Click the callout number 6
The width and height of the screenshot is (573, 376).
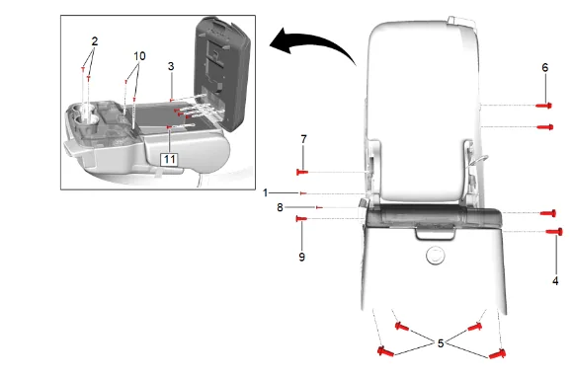[x=545, y=67]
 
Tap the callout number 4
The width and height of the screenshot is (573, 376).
[x=555, y=281]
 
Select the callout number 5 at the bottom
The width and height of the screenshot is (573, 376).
[x=441, y=343]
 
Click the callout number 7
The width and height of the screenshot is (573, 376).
[x=303, y=139]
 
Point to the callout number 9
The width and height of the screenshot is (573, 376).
[x=301, y=257]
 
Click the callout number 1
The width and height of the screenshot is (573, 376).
[x=266, y=192]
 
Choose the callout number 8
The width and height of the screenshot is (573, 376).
[x=280, y=207]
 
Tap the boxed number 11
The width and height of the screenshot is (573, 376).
[x=170, y=159]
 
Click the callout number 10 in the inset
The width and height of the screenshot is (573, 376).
[x=139, y=56]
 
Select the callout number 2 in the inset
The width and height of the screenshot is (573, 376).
[x=95, y=41]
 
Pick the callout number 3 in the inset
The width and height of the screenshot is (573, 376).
[x=171, y=66]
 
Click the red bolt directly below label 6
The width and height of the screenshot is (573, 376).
[x=544, y=106]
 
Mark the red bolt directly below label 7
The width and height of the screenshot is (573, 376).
[x=302, y=172]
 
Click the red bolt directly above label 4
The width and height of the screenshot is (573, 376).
[x=554, y=232]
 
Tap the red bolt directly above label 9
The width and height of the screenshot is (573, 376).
[x=301, y=219]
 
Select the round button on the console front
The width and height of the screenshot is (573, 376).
[x=435, y=255]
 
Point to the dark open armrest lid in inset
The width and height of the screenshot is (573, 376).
[x=222, y=73]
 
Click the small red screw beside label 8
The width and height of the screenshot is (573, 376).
[x=319, y=207]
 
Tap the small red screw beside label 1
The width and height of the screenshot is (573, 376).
[x=303, y=193]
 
